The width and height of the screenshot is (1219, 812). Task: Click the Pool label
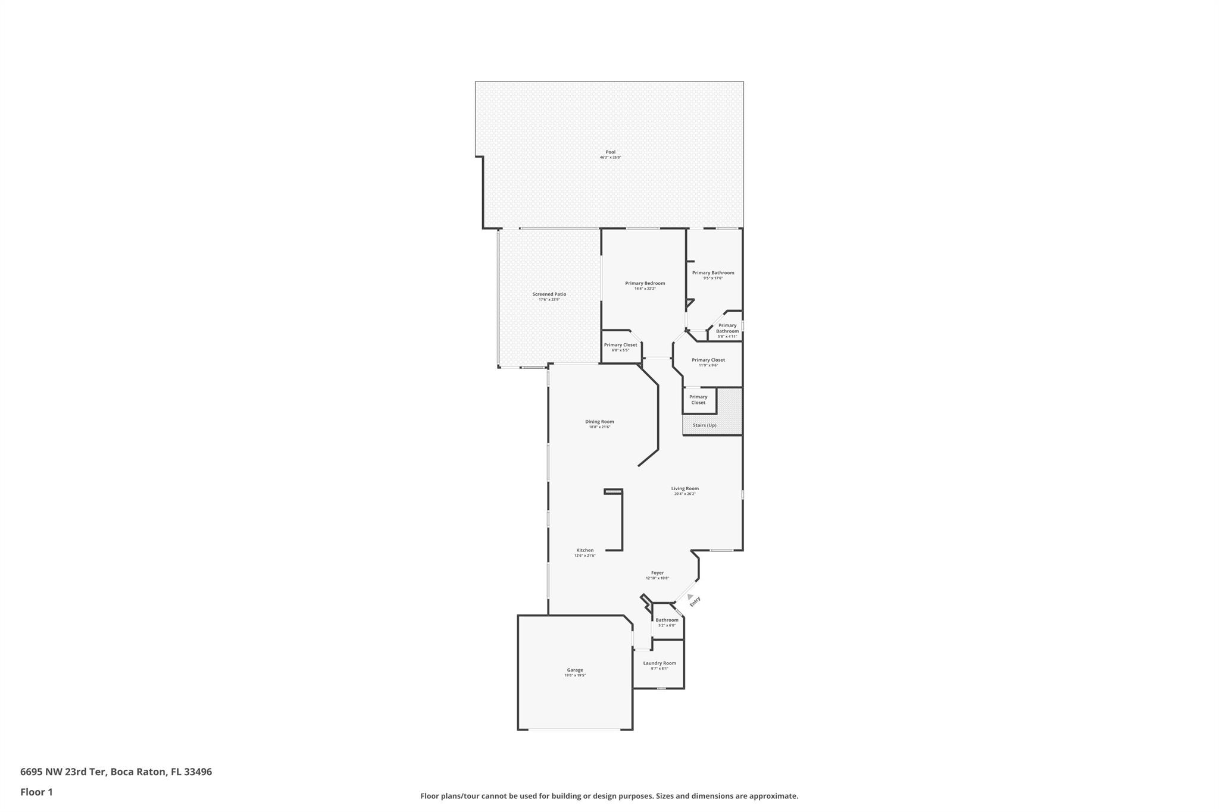(x=610, y=152)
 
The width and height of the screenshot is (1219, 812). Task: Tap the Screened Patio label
(x=549, y=294)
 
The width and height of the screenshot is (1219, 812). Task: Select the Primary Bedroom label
(x=645, y=284)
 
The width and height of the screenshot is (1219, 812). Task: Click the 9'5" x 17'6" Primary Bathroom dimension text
(x=712, y=278)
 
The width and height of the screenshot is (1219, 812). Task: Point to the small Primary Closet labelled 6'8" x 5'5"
(x=620, y=346)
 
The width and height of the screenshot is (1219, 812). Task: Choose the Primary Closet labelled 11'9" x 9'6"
(x=708, y=360)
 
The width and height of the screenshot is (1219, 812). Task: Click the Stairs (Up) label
(x=704, y=425)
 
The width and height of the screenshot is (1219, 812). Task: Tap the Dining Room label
(x=599, y=422)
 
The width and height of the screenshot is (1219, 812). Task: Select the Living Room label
(x=684, y=489)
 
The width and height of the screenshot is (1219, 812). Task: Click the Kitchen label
(x=585, y=550)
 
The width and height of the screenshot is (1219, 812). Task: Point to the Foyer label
(x=657, y=573)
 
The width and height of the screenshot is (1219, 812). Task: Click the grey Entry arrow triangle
(x=690, y=597)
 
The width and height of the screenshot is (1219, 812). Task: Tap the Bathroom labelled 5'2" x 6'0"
(x=667, y=620)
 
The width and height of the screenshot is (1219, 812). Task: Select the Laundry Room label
(x=659, y=663)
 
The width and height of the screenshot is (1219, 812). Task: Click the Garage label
(x=575, y=670)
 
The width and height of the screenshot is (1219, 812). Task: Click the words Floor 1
(x=36, y=792)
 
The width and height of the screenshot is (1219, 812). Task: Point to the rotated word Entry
(x=695, y=602)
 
